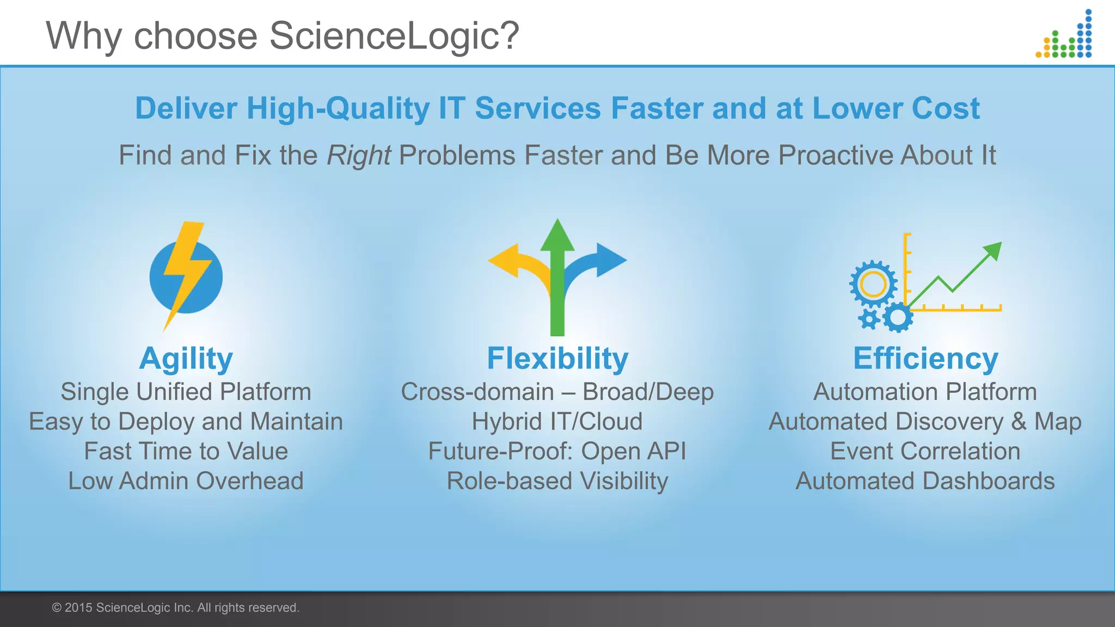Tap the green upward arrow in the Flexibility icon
(x=557, y=278)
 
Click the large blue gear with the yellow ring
(x=873, y=284)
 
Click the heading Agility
(x=186, y=359)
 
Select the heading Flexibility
(x=557, y=359)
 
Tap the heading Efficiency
(x=926, y=359)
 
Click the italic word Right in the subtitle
(x=358, y=156)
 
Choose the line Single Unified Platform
(x=186, y=392)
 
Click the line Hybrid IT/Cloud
(x=557, y=422)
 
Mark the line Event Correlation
(x=925, y=451)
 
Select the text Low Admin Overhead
(x=186, y=481)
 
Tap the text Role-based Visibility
(x=557, y=481)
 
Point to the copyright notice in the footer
(x=175, y=608)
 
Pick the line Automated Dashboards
(x=925, y=481)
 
